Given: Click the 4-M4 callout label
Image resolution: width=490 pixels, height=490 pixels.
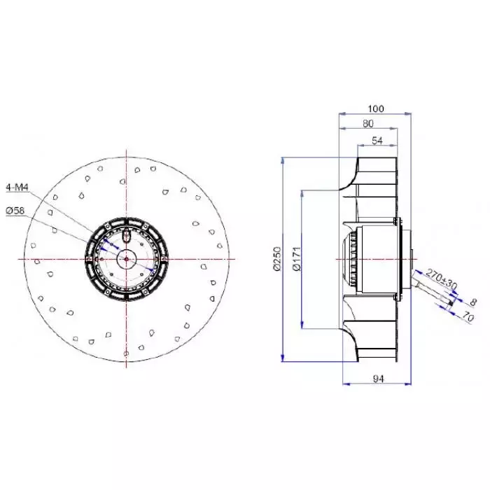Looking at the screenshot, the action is [x=17, y=188].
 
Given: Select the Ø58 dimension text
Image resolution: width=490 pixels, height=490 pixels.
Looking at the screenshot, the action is [x=15, y=211].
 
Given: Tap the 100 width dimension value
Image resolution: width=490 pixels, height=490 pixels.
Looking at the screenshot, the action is [x=376, y=108].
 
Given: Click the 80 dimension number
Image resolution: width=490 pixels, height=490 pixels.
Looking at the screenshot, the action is [x=368, y=124].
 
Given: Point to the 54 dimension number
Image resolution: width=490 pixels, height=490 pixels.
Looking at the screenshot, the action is [x=377, y=141].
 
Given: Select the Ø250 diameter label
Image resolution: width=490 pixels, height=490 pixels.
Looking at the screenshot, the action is [x=277, y=259].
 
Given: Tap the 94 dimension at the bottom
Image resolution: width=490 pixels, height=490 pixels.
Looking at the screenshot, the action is [x=378, y=379].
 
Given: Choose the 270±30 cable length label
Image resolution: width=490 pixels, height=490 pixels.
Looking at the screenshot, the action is [x=442, y=279].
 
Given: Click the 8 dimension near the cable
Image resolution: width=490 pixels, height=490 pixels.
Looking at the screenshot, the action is [x=473, y=302].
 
